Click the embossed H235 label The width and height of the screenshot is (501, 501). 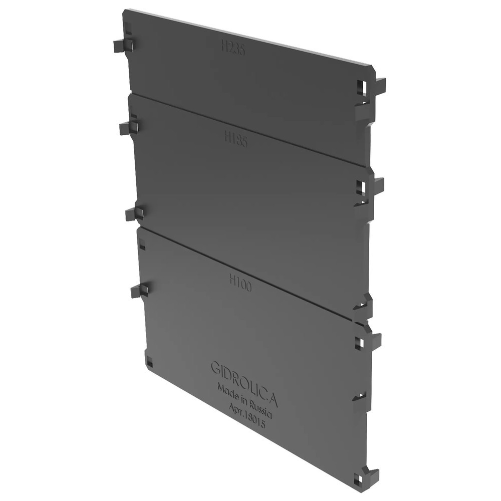233,49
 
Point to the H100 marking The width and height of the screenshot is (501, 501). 240,285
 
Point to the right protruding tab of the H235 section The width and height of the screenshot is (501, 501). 380,86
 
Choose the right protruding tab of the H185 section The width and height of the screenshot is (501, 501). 378,185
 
